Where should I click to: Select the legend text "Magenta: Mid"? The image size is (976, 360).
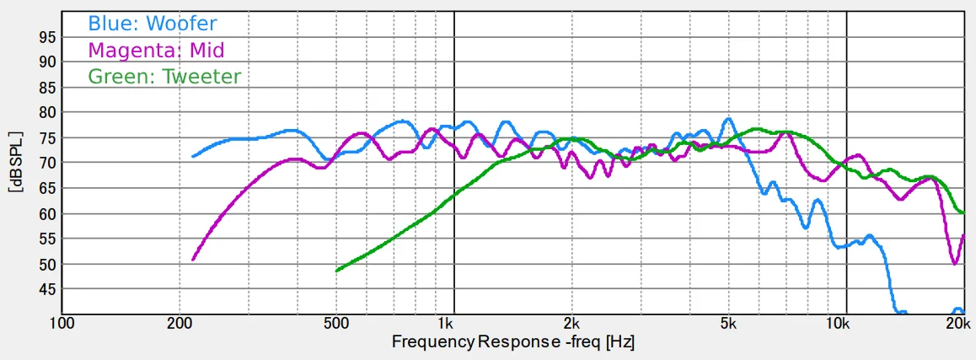pos(156,50)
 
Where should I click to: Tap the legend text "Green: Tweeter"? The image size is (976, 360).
pos(164,77)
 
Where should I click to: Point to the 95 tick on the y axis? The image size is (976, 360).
pos(47,37)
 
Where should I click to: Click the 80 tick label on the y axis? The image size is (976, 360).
pos(47,112)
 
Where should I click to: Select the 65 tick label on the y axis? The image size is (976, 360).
pos(47,188)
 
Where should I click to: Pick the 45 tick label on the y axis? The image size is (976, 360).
pos(47,289)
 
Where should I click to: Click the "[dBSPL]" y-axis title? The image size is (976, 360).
pos(15,163)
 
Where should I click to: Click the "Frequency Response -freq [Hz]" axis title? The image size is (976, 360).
pos(512,342)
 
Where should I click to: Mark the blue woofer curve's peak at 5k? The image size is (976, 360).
pos(728,119)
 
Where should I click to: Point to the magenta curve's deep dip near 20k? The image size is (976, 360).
pos(955,263)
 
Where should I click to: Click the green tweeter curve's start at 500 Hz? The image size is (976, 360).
pos(337,271)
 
